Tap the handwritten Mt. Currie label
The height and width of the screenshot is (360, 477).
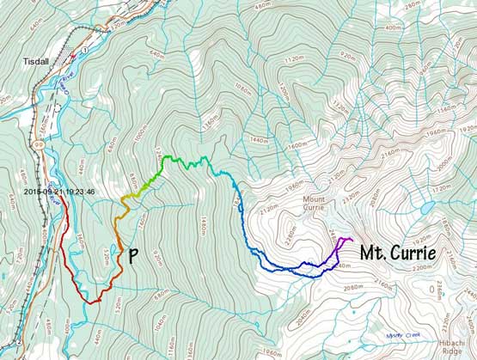397,253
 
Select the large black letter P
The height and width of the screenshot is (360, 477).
133,256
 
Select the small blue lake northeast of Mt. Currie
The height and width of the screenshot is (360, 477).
427,209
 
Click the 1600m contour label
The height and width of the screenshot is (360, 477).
295,146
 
